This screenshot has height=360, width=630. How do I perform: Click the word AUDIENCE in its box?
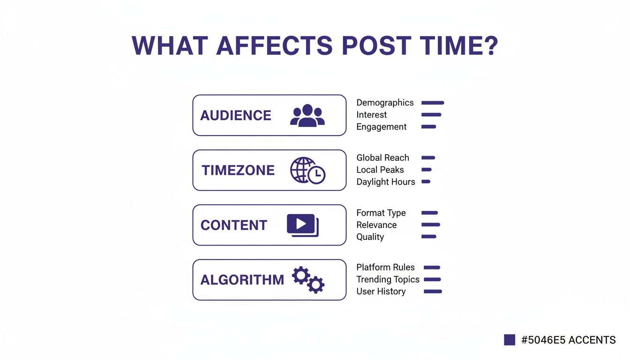pos(236,115)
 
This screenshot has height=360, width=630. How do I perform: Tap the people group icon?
pos(307,115)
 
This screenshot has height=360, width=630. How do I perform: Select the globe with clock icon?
pos(307,170)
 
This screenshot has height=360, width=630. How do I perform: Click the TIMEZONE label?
pos(238,170)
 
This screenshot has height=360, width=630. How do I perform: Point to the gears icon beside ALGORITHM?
pos(308,280)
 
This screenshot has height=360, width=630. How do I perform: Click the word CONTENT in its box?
pos(234,225)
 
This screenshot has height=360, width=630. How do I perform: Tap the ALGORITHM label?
pos(242,280)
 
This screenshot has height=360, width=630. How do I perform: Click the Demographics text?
pos(385,103)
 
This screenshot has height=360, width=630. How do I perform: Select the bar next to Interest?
pos(431,115)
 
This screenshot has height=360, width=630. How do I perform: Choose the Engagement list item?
pos(381,127)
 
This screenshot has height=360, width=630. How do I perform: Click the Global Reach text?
pos(382,158)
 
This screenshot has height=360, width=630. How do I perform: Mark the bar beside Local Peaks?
pos(427,170)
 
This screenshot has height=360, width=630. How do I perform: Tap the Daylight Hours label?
pos(385,182)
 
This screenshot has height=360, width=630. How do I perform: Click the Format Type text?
pos(381,213)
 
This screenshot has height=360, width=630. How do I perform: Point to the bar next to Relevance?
pos(431,225)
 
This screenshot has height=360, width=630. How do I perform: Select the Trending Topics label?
pos(388,279)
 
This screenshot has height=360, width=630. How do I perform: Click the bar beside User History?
pos(433,292)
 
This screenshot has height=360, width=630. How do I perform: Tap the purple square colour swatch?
pos(510,340)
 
